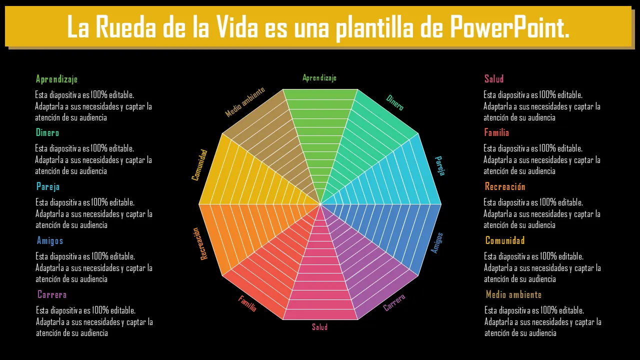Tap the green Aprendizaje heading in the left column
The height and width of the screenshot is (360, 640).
click(x=56, y=79)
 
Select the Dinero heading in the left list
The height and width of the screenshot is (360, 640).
click(x=47, y=132)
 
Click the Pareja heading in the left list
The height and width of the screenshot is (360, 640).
click(x=48, y=186)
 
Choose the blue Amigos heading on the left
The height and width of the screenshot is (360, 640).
click(x=50, y=240)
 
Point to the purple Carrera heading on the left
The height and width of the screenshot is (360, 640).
click(x=52, y=294)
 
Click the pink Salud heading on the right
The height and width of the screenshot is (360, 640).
click(x=494, y=78)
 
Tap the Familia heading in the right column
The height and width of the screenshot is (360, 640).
click(x=496, y=132)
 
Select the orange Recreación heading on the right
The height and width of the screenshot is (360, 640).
click(x=505, y=186)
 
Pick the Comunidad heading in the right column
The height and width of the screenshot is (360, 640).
click(x=505, y=240)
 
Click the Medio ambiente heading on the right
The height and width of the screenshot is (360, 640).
click(x=513, y=294)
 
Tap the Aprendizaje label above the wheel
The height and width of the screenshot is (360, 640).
click(x=319, y=77)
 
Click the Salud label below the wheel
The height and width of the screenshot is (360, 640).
click(x=320, y=326)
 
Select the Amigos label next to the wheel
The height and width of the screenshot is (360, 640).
click(x=437, y=243)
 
